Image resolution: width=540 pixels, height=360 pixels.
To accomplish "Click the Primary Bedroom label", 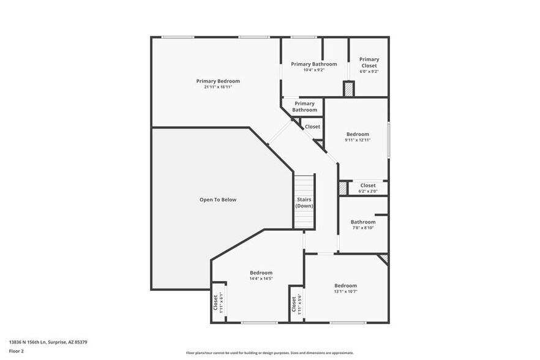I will click(218, 81).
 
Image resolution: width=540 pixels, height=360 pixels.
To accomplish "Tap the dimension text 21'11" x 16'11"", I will click(218, 87).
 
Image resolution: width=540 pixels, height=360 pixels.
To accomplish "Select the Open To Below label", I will click(218, 200).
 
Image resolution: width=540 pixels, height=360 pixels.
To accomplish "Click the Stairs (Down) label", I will click(304, 203).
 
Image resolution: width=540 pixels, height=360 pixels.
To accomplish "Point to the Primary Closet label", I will click(369, 62).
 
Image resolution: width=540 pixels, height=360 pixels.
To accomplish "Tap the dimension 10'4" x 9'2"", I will click(314, 70).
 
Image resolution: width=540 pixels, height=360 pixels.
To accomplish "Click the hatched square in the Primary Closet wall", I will click(348, 89).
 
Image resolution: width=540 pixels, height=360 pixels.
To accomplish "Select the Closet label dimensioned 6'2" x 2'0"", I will click(368, 186).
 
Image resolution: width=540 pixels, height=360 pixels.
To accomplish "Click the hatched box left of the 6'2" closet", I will click(343, 188).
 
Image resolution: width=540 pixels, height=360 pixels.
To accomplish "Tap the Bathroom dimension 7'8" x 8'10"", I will click(362, 228).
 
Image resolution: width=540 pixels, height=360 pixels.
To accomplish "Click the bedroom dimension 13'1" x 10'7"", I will click(345, 291).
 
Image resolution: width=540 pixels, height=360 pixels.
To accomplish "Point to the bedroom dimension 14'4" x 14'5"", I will click(261, 279).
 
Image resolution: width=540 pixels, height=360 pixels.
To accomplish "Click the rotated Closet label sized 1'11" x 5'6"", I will click(296, 304).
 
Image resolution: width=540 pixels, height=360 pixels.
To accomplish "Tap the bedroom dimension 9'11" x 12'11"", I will click(358, 140).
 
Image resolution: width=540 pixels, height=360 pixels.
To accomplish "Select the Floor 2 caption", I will click(17, 351).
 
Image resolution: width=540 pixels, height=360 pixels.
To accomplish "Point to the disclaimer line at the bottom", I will click(269, 353).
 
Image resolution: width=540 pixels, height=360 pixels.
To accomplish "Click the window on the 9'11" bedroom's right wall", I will click(388, 141).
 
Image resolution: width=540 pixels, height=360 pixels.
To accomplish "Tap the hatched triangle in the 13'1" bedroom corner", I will click(384, 258).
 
